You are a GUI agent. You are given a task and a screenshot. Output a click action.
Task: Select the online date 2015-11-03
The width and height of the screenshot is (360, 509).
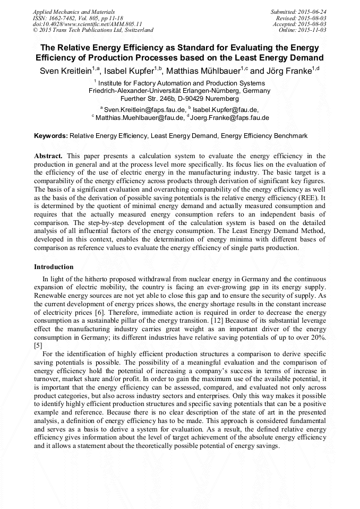click(312, 30)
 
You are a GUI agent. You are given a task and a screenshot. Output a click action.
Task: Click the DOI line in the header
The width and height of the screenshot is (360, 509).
click(88, 24)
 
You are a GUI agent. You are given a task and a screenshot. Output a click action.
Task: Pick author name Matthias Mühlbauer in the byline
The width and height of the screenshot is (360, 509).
click(203, 71)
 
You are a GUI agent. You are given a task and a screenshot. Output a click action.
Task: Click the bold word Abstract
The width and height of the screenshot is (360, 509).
click(48, 156)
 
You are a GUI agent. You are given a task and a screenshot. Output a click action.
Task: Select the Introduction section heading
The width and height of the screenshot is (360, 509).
click(54, 266)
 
